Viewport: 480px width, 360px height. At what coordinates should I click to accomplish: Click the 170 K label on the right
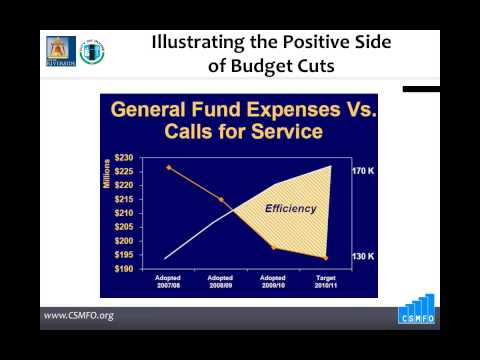[x=362, y=172]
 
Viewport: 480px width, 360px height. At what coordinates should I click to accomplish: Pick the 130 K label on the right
[x=362, y=257]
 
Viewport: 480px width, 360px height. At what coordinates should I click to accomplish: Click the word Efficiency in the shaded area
[x=290, y=209]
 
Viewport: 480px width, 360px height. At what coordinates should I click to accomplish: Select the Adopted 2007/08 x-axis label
[x=169, y=281]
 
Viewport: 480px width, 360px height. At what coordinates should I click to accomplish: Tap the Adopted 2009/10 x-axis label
[x=275, y=281]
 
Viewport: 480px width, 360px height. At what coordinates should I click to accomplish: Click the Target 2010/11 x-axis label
[x=327, y=281]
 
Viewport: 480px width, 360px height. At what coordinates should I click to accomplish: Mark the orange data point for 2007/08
[x=169, y=167]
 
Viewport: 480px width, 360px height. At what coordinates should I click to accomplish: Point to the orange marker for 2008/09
[x=221, y=199]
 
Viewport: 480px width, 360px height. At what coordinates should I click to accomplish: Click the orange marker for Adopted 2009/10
[x=275, y=247]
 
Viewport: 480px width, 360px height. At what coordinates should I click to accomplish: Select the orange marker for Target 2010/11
[x=326, y=257]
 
